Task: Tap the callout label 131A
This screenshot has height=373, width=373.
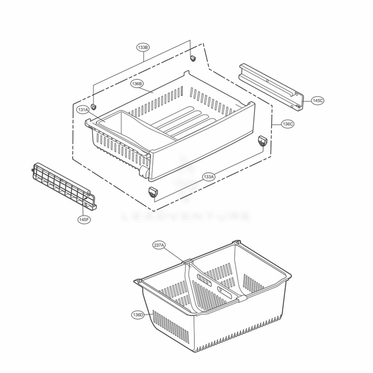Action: [83, 110]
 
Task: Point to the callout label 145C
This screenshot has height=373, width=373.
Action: [318, 100]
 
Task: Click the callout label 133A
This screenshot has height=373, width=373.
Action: [209, 177]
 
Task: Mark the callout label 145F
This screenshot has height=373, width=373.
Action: [84, 219]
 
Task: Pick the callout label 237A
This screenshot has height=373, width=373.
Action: [159, 245]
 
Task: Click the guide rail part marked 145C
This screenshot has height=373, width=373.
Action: [270, 85]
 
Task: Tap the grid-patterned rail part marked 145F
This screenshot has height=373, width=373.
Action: [63, 185]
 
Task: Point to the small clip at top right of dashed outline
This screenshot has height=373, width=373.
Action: [193, 58]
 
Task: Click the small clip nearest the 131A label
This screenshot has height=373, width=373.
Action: [94, 107]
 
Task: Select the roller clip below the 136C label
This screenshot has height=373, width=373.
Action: [263, 141]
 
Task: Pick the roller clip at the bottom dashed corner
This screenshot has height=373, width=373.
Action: [153, 192]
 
